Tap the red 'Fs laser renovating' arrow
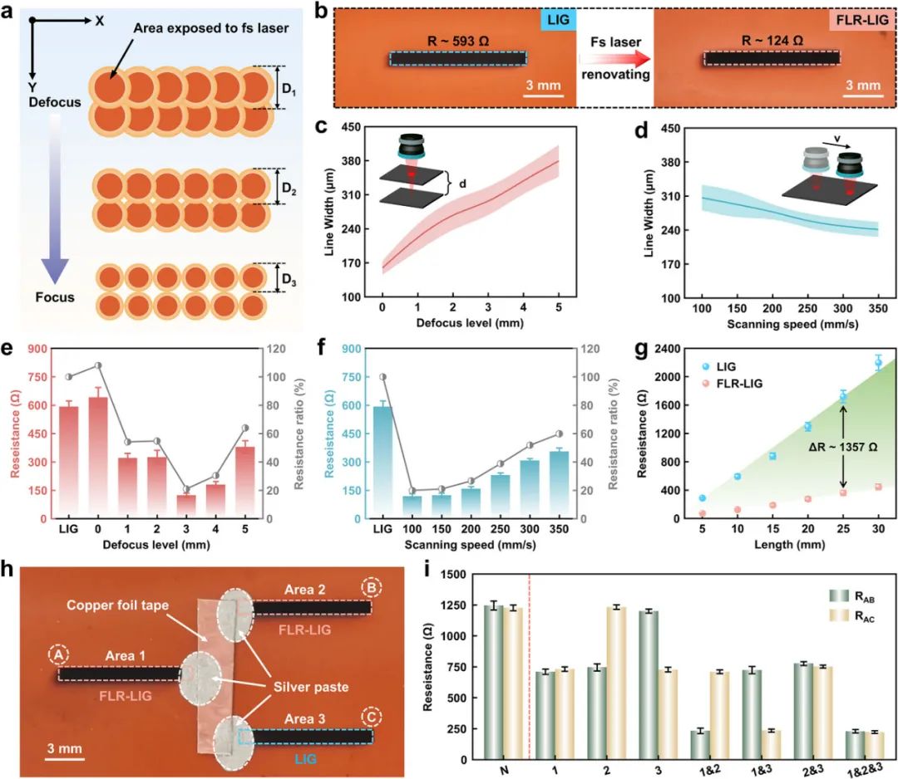coord(614,58)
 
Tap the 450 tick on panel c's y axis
coord(362,127)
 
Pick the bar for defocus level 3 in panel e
coord(187,506)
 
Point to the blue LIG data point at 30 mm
coord(879,363)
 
